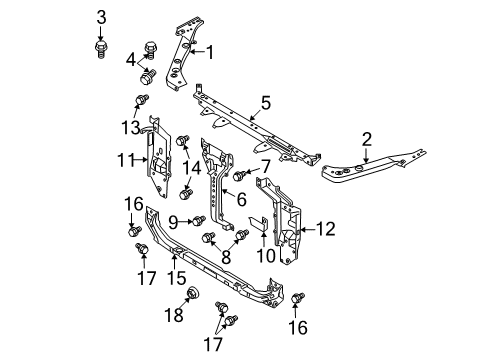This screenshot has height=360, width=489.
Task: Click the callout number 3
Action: click(101, 17)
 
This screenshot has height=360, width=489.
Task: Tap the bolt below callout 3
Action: click(100, 49)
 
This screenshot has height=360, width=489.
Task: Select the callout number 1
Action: click(210, 52)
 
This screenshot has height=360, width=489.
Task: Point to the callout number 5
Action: click(266, 103)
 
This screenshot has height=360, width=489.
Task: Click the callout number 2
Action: click(366, 139)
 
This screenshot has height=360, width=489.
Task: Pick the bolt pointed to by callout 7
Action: click(239, 176)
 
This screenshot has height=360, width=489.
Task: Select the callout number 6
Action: click(241, 199)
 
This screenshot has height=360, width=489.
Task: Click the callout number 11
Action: click(126, 160)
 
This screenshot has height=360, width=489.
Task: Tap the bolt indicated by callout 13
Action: click(141, 100)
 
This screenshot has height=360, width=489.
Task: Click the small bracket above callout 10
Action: click(259, 223)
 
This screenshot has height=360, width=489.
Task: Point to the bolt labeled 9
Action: click(198, 220)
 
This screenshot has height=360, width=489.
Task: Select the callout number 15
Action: click(177, 278)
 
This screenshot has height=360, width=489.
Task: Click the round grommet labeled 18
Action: click(193, 293)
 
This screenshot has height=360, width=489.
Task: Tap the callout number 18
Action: click(174, 314)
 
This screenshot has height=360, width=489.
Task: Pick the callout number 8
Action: click(226, 257)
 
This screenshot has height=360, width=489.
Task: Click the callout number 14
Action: click(191, 168)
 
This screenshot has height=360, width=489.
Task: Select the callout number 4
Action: click(131, 60)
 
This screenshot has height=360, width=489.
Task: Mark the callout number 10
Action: click(266, 256)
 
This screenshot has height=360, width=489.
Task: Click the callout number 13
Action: click(130, 128)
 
